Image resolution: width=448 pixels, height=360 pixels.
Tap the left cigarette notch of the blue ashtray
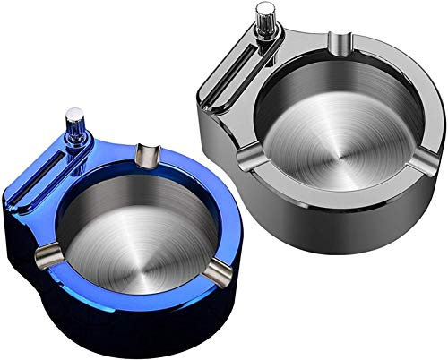click(43, 259)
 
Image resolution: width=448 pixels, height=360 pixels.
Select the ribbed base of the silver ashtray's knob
click(265, 40)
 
